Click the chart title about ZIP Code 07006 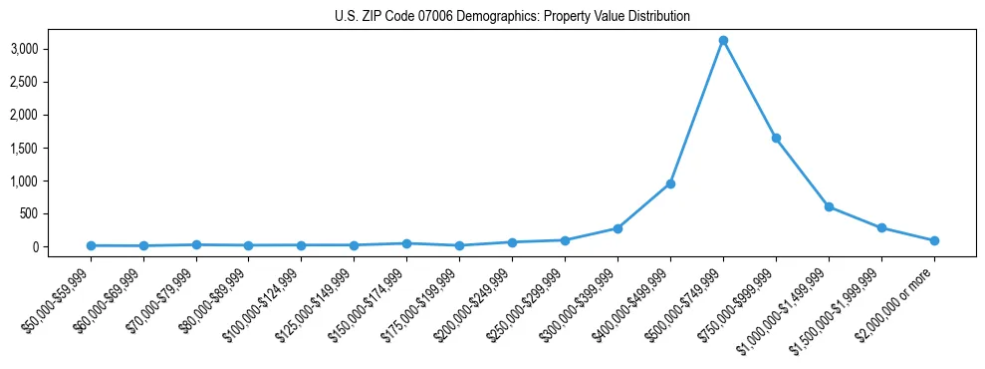[512, 16]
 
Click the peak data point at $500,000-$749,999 [723, 40]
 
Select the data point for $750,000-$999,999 [776, 138]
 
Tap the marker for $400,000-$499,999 [670, 184]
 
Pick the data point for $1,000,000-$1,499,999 [829, 206]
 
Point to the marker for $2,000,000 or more [934, 240]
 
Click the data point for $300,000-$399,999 [617, 228]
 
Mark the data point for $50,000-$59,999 [91, 245]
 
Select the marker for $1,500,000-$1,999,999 [881, 227]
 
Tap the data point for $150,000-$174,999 [406, 243]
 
